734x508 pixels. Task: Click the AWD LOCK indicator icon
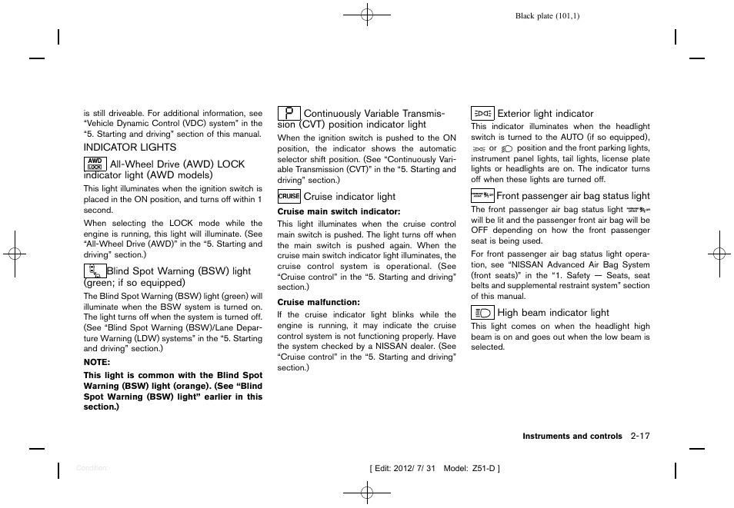point(95,163)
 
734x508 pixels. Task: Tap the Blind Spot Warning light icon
point(95,271)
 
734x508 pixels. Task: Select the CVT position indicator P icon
point(289,114)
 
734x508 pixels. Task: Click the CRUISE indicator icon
point(289,197)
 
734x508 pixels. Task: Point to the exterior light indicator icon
point(482,114)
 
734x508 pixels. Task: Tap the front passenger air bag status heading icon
point(482,196)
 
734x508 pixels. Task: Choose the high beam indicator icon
point(482,313)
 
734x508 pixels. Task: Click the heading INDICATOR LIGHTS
point(130,148)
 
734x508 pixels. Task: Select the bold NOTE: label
point(97,362)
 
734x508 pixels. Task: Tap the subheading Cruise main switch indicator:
point(328,211)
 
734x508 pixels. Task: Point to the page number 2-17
point(639,436)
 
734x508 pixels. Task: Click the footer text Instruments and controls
point(572,437)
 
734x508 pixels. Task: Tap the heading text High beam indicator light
point(552,313)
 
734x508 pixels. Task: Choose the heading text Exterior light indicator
point(545,114)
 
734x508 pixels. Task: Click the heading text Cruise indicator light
point(349,197)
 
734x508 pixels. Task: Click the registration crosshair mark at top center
point(367,14)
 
